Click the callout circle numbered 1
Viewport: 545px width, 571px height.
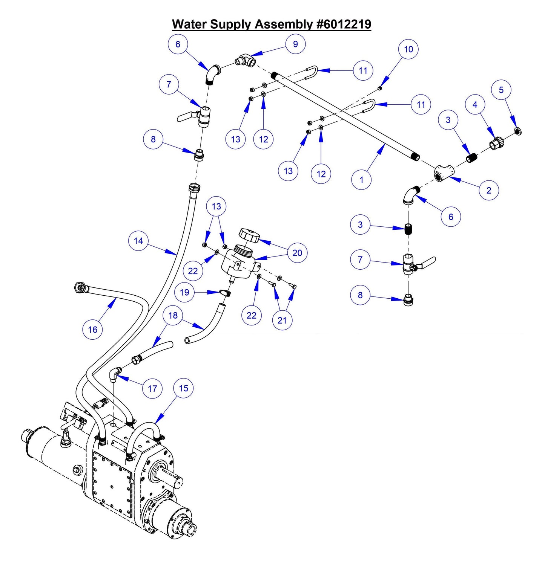point(361,180)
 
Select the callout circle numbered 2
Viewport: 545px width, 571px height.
point(489,190)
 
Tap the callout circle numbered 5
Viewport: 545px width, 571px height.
point(501,90)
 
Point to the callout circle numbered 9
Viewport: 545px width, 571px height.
point(295,44)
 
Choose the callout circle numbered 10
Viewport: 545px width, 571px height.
point(408,49)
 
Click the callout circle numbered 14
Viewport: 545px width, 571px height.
point(138,241)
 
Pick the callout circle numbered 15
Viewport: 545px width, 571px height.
point(183,388)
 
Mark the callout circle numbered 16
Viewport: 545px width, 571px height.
point(92,330)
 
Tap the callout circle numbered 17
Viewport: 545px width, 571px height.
point(152,388)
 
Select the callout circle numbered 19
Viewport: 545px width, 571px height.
point(184,292)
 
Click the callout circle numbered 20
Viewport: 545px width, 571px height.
point(297,253)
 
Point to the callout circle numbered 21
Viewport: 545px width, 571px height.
point(282,320)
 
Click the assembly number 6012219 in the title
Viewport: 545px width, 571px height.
point(344,24)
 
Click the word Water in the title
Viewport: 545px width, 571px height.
point(190,24)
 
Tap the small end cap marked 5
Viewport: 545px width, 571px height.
point(518,131)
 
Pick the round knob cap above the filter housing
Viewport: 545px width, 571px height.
point(249,235)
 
